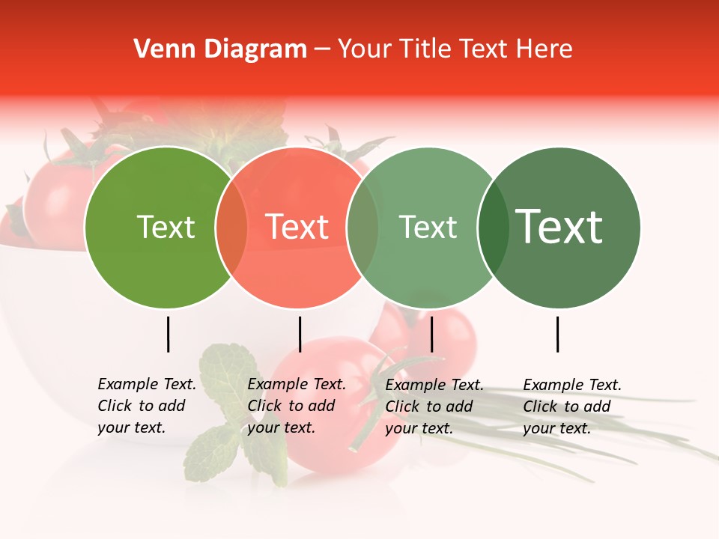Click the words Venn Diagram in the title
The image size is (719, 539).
pos(220,49)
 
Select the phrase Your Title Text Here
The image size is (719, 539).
pos(455,49)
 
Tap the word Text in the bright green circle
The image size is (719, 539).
pos(166,228)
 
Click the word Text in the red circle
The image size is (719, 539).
pos(297,228)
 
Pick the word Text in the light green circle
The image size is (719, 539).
pos(428,228)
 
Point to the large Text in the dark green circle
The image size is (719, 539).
pos(559,228)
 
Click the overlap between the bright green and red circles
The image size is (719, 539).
pos(231,228)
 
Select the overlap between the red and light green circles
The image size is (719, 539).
pos(362,228)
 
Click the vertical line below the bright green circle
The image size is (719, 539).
pos(168,334)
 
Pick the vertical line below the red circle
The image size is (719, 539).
pos(300,334)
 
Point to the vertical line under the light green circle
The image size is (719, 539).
pos(431,334)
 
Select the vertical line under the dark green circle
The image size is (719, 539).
pos(557,334)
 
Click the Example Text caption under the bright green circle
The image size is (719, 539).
pos(147,406)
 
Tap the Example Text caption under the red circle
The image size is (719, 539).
pos(297,406)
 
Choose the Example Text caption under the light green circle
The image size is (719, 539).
pos(434,406)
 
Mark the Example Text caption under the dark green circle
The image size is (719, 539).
pos(572,406)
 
